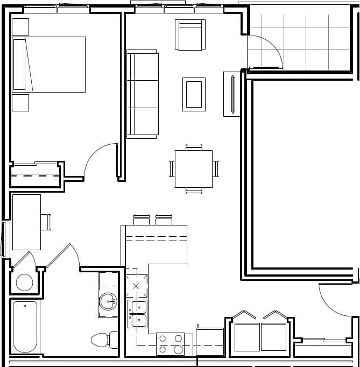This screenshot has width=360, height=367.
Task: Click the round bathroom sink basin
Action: (x=108, y=301)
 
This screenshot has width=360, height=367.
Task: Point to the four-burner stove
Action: (x=170, y=344)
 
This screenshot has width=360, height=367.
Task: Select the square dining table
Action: (x=194, y=168)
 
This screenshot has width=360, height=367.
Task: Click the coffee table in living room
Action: (x=194, y=94)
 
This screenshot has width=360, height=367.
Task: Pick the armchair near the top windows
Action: (x=190, y=35)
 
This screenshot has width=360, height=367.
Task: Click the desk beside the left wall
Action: (x=26, y=222)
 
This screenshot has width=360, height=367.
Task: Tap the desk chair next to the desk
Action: (x=46, y=222)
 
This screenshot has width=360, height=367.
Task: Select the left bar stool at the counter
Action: (x=142, y=220)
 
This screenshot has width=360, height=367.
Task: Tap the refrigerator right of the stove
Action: (x=210, y=342)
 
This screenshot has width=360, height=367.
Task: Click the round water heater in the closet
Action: (x=24, y=282)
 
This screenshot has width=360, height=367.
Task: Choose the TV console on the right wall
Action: (x=232, y=94)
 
